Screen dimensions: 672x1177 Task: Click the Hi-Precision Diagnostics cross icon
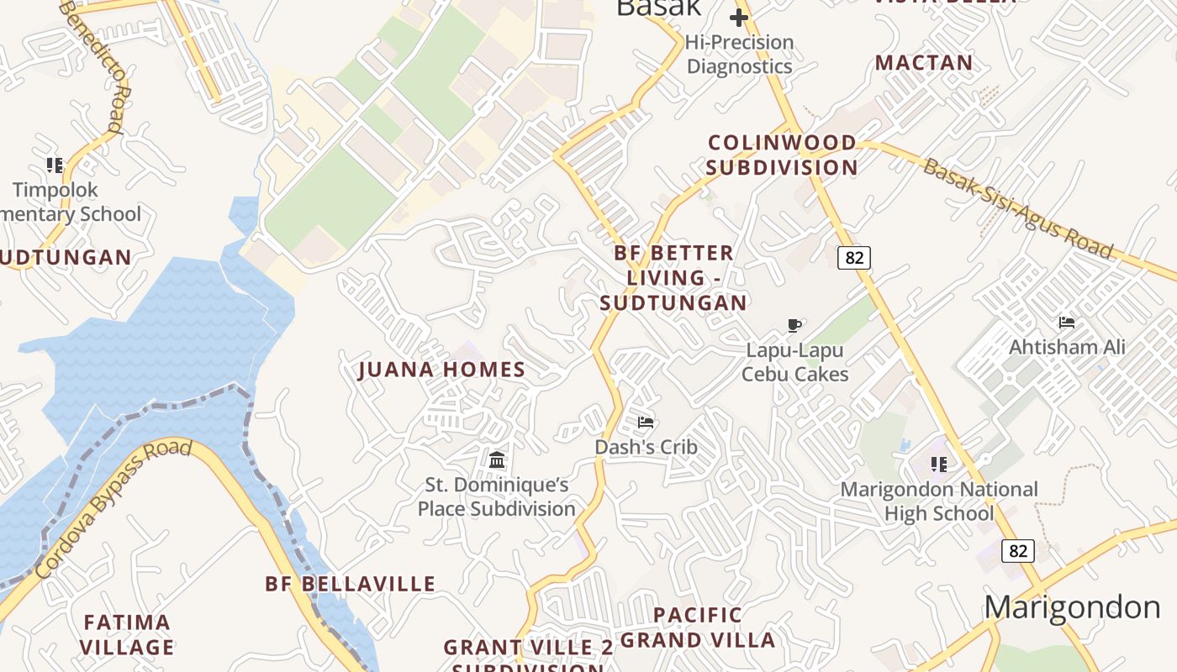(739, 18)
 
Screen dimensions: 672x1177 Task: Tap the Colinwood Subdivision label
(782, 155)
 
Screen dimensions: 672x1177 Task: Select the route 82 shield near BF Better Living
(854, 258)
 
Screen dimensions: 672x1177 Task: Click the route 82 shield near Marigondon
(1018, 551)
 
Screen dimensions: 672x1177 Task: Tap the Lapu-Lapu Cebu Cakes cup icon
(794, 325)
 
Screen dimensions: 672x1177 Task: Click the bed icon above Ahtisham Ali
(1067, 323)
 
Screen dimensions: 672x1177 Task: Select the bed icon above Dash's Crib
(646, 422)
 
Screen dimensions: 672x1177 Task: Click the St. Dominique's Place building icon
(497, 459)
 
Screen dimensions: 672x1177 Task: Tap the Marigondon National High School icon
(939, 464)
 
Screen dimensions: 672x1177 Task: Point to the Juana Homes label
(442, 370)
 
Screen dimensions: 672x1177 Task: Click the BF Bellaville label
(351, 584)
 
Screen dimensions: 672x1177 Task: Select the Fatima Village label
(127, 635)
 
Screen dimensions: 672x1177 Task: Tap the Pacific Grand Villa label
(698, 627)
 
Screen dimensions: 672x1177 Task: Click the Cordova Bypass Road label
(113, 509)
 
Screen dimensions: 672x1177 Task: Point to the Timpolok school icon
(55, 165)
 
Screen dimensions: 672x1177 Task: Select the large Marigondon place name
(1073, 606)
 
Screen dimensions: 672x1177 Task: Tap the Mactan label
(924, 63)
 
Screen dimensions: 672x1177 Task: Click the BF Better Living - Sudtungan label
(673, 278)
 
